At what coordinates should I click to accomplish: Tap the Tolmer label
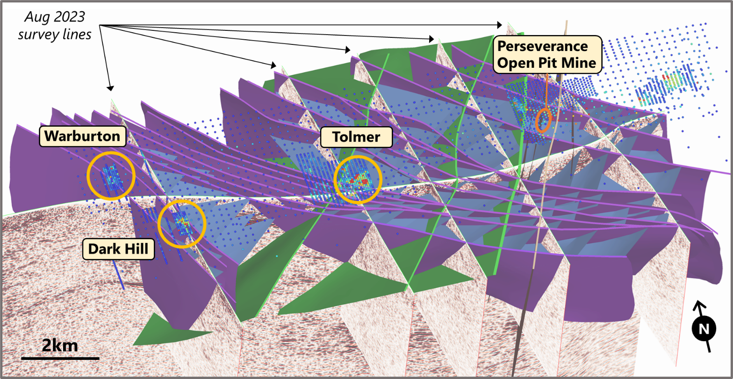(x=357, y=136)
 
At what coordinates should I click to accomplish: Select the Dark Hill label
(x=118, y=250)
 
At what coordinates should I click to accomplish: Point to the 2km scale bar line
(x=60, y=358)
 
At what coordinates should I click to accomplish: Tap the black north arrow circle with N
(x=704, y=329)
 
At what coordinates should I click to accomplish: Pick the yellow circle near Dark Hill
(x=182, y=223)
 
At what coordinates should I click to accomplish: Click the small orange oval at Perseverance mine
(x=543, y=120)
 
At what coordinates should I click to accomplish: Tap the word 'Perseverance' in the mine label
(x=541, y=47)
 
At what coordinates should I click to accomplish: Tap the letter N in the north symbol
(x=704, y=329)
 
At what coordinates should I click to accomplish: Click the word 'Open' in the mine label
(x=512, y=63)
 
